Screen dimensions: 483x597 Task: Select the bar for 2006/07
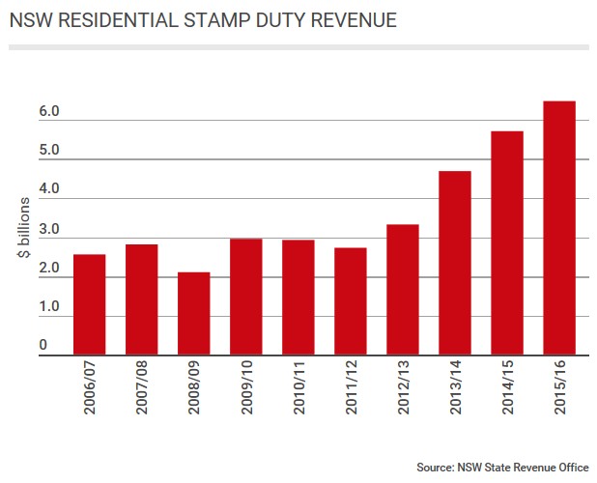89,304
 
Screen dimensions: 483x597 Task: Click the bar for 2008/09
193,313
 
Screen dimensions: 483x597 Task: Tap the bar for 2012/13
402,290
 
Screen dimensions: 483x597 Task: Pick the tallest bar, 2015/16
558,228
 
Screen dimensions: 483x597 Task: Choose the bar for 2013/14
454,263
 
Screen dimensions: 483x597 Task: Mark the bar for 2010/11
298,298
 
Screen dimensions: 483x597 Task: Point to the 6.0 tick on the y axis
50,112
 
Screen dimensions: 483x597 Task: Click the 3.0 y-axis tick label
50,230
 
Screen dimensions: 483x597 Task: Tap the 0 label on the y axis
44,347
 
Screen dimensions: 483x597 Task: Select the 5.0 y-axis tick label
50,152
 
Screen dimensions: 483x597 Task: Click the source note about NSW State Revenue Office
502,468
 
